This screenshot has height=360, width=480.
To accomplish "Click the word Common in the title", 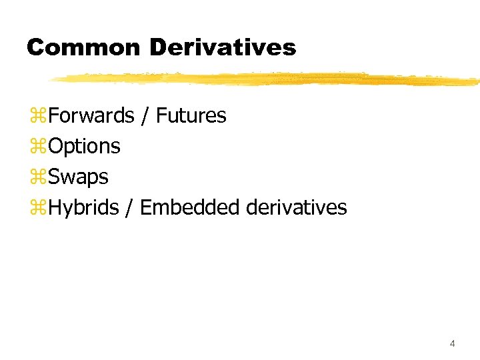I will (x=83, y=47).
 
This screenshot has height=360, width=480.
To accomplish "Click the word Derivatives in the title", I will (x=223, y=47).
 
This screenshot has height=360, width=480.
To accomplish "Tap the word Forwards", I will (x=91, y=115).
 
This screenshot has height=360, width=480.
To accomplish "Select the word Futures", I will (x=191, y=115).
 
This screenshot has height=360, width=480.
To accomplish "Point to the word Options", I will (x=84, y=146).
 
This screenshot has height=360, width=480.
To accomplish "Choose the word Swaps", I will (x=78, y=177).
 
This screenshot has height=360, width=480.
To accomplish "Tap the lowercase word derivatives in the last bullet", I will (x=296, y=207).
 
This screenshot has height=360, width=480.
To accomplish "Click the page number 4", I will (x=453, y=343).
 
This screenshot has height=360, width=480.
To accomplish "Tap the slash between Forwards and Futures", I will (x=145, y=116).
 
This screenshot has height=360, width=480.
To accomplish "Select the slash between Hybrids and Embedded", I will (x=130, y=208).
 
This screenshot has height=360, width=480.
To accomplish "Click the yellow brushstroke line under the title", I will (x=267, y=79).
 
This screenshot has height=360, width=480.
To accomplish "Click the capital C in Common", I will (x=35, y=47).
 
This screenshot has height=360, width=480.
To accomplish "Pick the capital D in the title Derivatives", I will (x=159, y=47).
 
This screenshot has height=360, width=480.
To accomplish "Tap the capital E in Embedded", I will (x=146, y=207).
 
